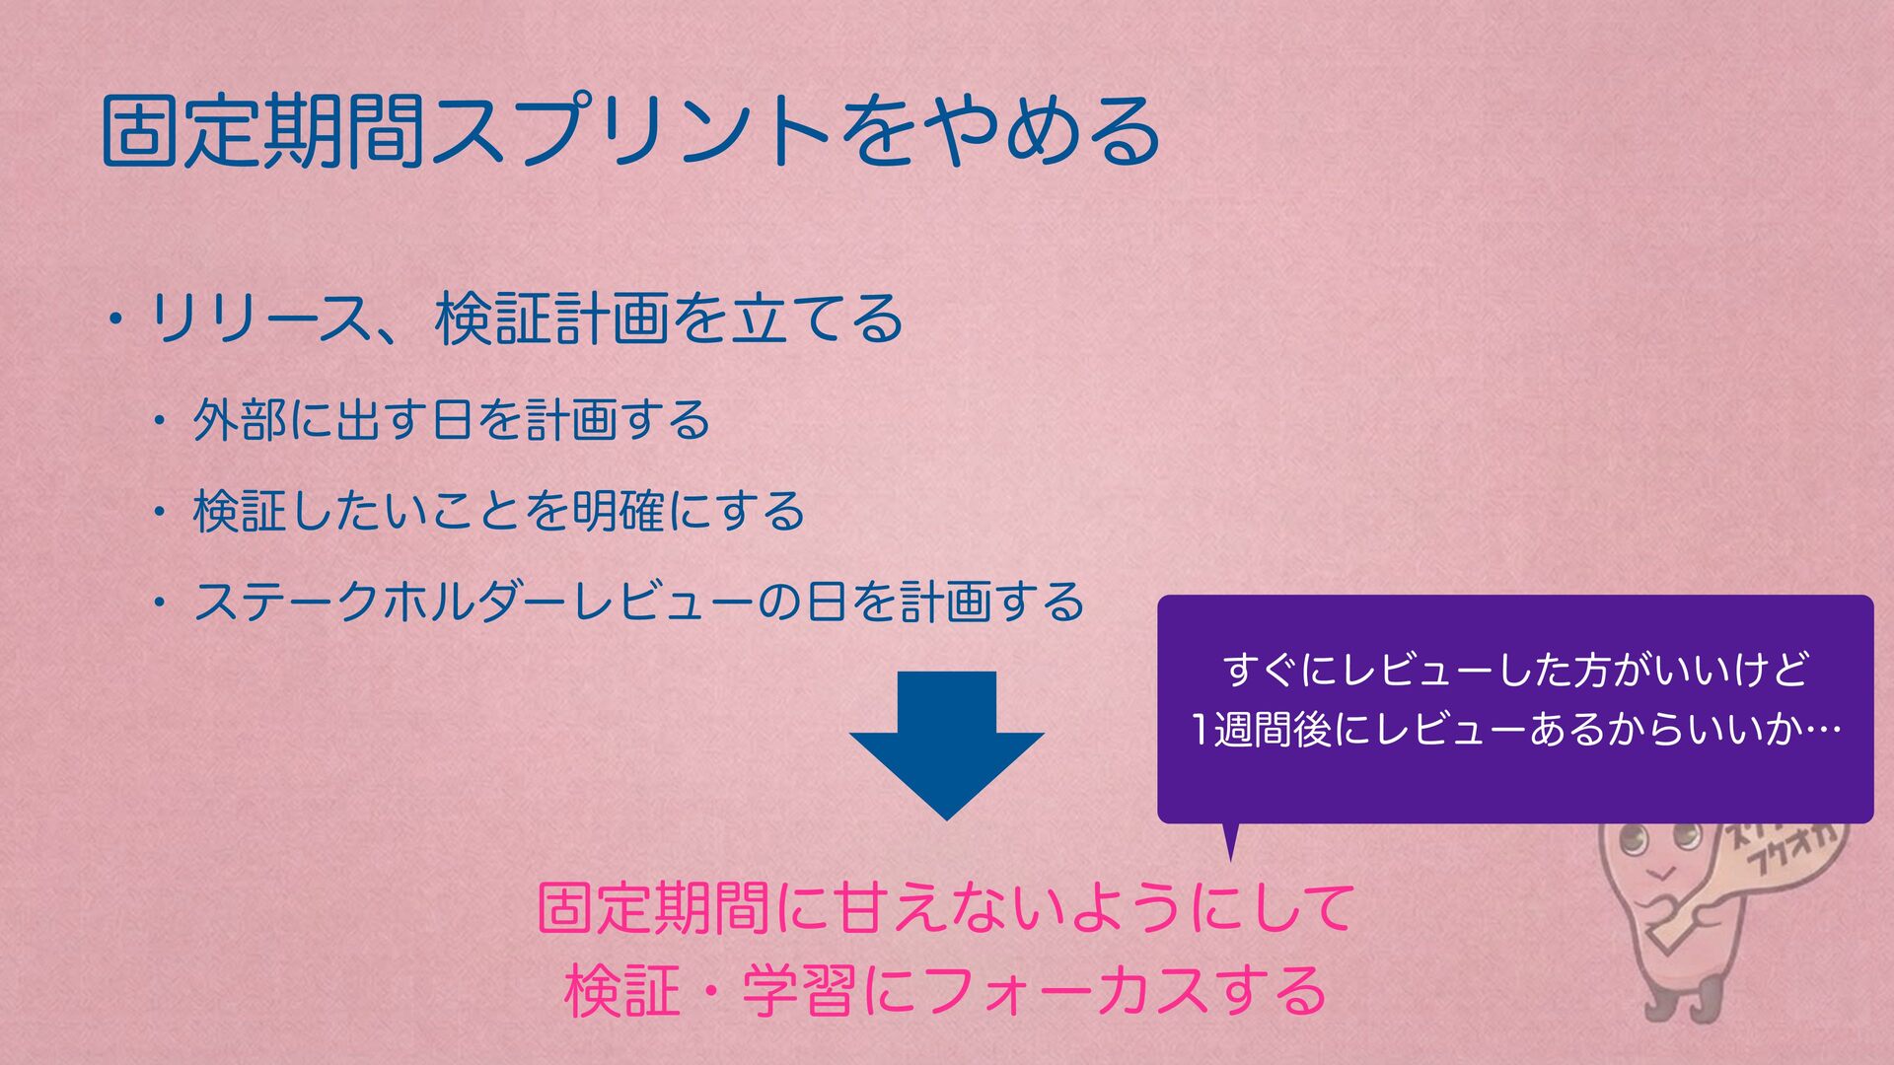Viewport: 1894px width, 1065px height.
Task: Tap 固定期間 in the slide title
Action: (263, 131)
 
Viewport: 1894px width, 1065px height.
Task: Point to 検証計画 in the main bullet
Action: (552, 319)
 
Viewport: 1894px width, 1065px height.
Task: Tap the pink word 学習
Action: (799, 991)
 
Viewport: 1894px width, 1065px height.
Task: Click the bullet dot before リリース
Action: (116, 321)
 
